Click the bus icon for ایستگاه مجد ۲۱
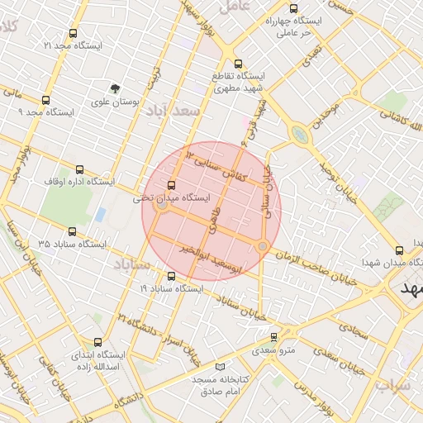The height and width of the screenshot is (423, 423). pos(74,35)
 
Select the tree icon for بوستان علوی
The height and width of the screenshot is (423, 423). pos(114,88)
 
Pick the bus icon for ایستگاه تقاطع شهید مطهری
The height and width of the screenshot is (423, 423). pos(238,63)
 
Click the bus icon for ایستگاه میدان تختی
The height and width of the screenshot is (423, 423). pos(172,186)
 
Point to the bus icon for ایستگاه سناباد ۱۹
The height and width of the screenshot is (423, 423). pos(171,277)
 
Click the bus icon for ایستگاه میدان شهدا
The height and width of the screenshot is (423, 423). pos(400,250)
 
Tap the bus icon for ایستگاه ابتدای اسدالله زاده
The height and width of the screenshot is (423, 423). pos(98,342)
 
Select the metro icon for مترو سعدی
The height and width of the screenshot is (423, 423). pos(274,336)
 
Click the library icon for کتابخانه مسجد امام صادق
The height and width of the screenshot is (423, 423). pos(219,366)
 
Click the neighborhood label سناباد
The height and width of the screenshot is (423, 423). pos(130,265)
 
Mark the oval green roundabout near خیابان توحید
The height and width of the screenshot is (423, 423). pos(298,134)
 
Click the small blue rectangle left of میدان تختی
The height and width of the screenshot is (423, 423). pos(100,215)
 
